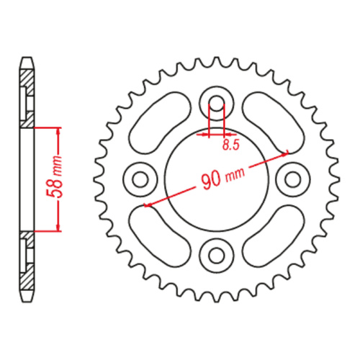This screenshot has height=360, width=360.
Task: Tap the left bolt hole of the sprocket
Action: click(140, 176)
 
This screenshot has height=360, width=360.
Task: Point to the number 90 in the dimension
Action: click(211, 180)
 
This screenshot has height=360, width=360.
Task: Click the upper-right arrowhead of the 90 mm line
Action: click(285, 153)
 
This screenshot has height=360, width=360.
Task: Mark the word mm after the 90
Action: click(235, 174)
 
